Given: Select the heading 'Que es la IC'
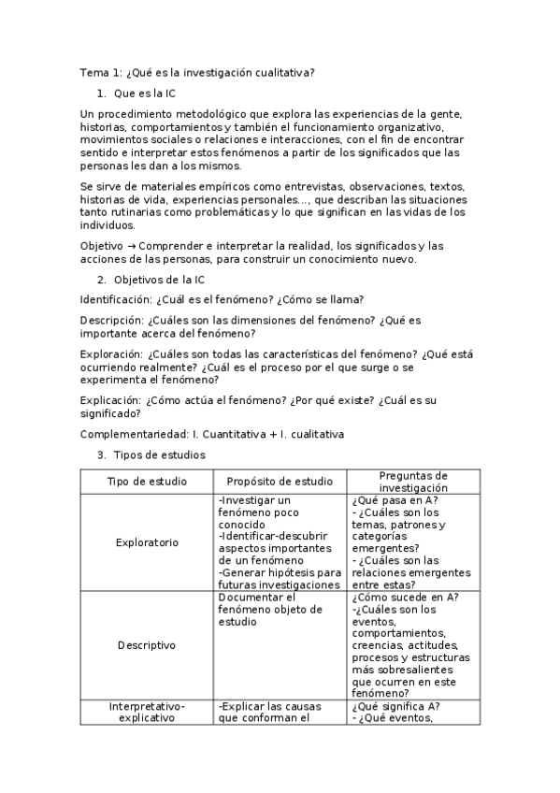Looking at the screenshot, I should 144,94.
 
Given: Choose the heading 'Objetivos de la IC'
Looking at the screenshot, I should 159,280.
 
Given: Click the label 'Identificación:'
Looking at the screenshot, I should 115,299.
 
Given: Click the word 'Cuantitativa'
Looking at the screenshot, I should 234,434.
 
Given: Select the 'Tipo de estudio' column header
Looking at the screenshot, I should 147,482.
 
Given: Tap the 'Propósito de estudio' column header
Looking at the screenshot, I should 280,482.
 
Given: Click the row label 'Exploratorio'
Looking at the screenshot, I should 147,541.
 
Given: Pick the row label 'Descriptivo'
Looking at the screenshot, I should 147,644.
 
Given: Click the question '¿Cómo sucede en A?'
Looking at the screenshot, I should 404,598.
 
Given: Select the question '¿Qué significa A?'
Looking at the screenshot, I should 396,706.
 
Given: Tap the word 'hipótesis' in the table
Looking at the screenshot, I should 285,572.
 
